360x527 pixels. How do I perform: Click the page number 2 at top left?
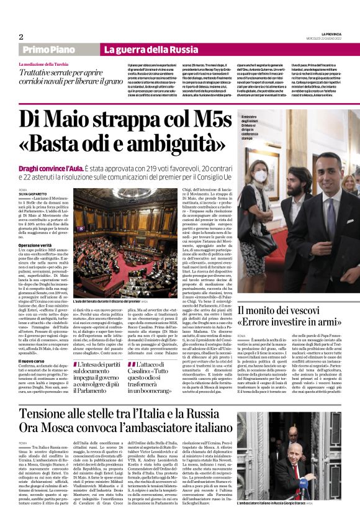[x=21, y=37]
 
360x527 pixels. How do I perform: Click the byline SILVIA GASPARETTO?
[x=34, y=194]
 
